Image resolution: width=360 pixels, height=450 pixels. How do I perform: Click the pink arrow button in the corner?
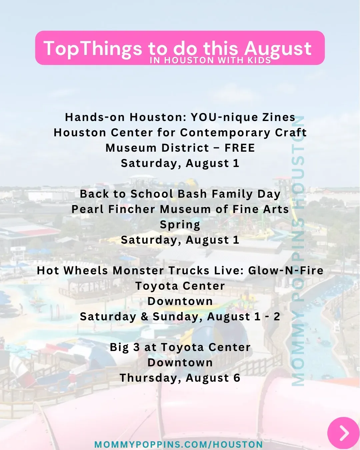click(343, 433)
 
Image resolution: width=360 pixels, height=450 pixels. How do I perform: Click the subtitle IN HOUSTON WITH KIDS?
click(210, 60)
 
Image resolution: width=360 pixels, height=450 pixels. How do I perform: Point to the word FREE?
click(240, 148)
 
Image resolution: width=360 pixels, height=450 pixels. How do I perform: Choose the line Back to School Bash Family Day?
click(180, 194)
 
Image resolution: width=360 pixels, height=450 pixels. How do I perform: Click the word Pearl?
click(87, 209)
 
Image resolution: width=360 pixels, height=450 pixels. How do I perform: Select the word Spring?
click(180, 225)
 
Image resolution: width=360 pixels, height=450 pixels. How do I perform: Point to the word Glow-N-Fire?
click(286, 270)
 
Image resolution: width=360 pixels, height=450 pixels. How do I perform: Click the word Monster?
click(138, 270)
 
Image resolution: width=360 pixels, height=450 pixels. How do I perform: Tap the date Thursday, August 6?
click(180, 378)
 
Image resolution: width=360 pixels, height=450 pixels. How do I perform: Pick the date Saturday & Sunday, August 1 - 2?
click(180, 317)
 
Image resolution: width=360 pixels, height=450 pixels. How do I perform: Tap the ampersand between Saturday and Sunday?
click(144, 317)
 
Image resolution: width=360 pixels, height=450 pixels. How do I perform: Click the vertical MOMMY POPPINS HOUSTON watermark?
click(298, 251)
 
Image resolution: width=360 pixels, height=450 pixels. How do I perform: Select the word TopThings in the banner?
click(93, 49)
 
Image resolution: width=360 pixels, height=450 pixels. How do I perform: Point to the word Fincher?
click(132, 209)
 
